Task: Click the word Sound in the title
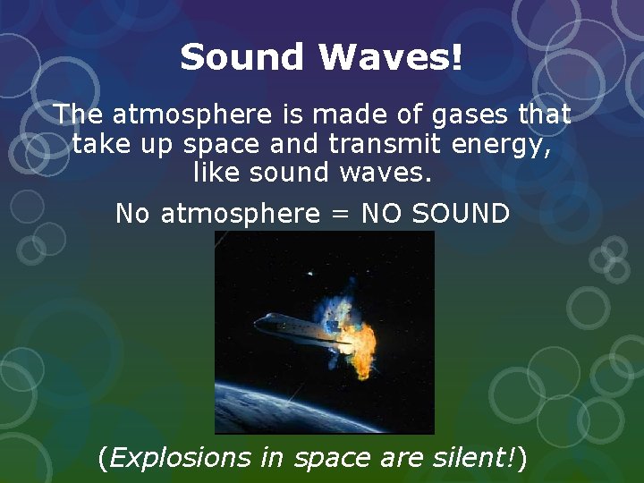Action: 242,58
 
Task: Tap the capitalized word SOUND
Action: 464,215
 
